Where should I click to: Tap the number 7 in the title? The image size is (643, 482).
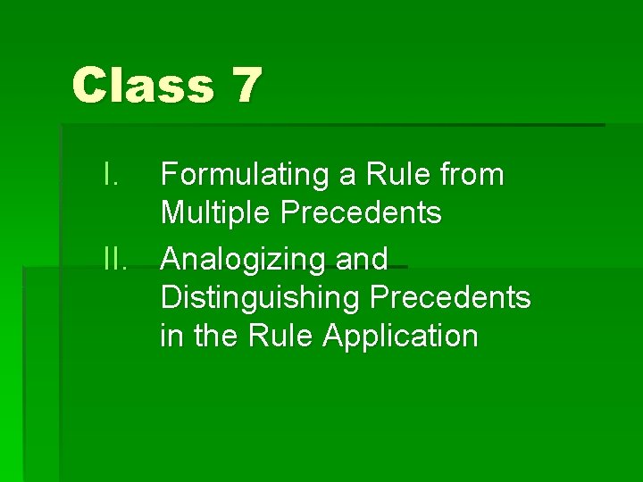[245, 86]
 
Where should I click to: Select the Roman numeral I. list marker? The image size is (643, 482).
[111, 175]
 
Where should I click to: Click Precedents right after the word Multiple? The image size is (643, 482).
[361, 213]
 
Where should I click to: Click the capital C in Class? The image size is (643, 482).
[89, 86]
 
